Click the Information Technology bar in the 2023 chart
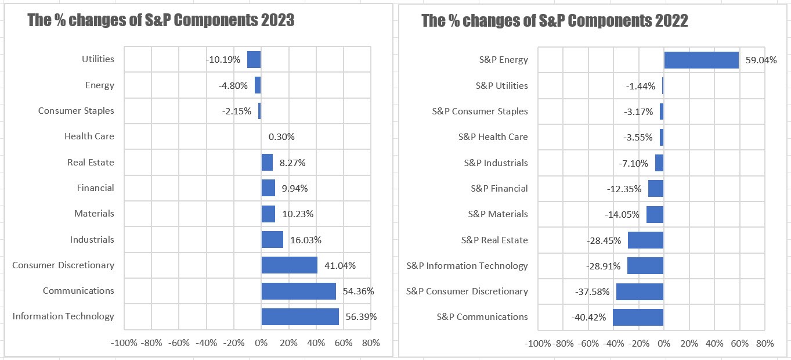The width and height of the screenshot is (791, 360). click(x=300, y=316)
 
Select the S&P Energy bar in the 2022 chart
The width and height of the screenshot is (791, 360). click(x=701, y=60)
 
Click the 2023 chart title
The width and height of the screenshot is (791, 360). click(x=161, y=20)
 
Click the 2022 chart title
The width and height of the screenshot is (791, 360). click(x=554, y=21)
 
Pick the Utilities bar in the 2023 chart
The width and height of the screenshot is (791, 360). click(x=254, y=60)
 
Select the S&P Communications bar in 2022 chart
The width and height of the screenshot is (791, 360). click(x=638, y=317)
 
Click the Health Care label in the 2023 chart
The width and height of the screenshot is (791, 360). click(x=89, y=136)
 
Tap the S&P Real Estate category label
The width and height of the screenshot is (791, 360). click(x=494, y=240)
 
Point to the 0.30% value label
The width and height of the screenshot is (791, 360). click(x=281, y=137)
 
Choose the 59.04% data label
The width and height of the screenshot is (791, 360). click(x=761, y=60)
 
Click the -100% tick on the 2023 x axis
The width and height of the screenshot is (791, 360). click(x=124, y=343)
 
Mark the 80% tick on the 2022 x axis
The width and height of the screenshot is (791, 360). click(x=764, y=343)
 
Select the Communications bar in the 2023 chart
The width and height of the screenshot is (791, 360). click(x=298, y=291)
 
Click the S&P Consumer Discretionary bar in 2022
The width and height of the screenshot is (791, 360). click(x=640, y=291)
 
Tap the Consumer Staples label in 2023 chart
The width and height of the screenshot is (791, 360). click(x=76, y=111)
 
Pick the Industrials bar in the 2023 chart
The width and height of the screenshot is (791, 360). click(x=272, y=240)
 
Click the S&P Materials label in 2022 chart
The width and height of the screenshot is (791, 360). click(x=498, y=214)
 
